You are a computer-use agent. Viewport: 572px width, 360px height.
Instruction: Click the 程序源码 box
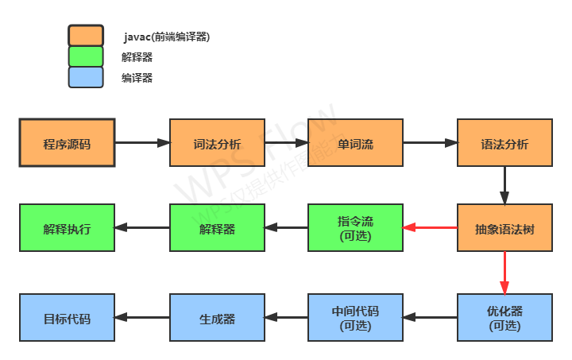[67, 143]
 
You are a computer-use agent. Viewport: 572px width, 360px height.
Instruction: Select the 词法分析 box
[217, 143]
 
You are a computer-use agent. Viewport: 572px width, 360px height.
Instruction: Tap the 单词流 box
[355, 143]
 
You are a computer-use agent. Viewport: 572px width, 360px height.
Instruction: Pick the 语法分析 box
[504, 143]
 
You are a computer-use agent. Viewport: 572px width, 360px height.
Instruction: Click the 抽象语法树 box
[504, 228]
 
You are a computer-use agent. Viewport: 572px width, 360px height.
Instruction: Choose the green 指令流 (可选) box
[355, 228]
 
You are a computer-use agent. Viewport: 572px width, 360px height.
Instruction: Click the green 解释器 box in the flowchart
[217, 228]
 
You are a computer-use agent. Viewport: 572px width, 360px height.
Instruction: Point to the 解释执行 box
[67, 228]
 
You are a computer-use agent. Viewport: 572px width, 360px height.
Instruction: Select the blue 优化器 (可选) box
[504, 318]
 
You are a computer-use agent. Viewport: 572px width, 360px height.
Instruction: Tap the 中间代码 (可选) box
[355, 318]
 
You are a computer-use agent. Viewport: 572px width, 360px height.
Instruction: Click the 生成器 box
[217, 318]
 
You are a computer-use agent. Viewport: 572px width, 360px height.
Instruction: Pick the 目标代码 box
[67, 318]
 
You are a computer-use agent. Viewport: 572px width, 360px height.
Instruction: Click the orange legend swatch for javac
[86, 36]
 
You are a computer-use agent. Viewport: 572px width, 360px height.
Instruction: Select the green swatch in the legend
[86, 56]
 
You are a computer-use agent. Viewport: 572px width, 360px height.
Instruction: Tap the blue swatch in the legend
[86, 77]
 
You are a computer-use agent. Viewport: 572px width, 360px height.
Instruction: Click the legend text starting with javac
[167, 37]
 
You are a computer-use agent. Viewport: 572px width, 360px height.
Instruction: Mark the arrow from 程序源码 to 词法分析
[142, 143]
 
